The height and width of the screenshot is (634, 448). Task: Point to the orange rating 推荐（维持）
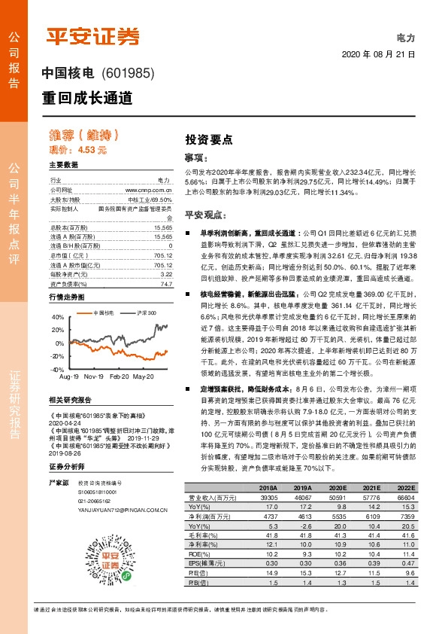83,136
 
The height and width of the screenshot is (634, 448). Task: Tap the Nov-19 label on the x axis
93,375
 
